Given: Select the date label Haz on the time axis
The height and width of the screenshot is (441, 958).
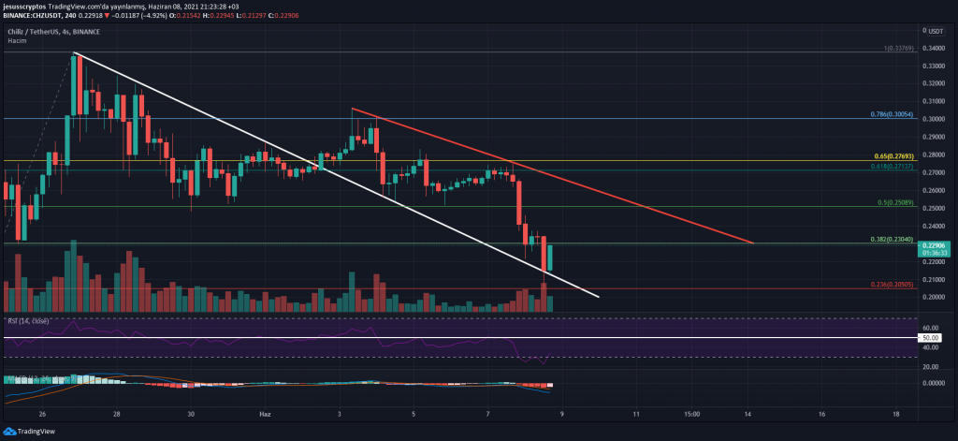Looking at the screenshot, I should point(265,412).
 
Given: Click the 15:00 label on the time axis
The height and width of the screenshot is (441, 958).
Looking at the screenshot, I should point(691,412).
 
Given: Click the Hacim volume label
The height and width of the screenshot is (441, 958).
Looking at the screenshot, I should point(18,42).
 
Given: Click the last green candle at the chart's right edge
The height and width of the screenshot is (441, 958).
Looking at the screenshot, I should point(550,258).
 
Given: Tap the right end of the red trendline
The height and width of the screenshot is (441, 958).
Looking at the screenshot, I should point(754,243).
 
